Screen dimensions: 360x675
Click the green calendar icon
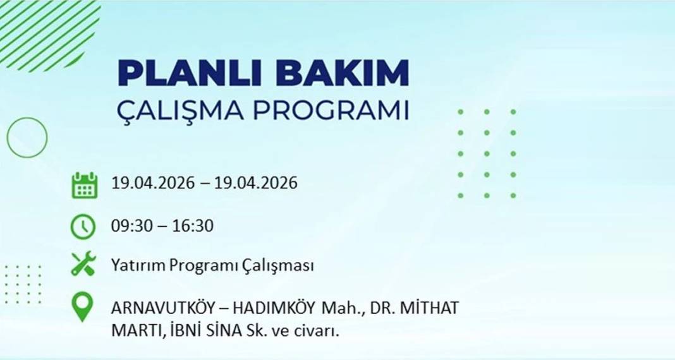tap(84, 185)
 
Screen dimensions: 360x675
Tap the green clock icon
tap(83, 226)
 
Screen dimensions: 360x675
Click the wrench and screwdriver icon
tap(83, 265)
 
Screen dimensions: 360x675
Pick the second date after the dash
tap(255, 184)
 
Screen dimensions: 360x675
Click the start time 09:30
tap(131, 225)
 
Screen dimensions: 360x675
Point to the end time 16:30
tap(193, 225)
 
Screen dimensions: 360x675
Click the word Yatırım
tap(138, 266)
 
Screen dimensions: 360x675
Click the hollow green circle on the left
tap(27, 137)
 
